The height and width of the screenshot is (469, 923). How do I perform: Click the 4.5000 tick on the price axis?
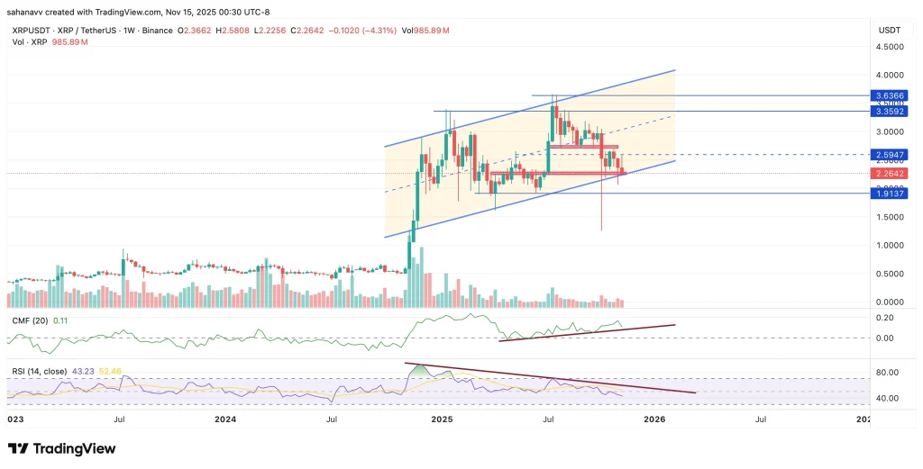pos(890,47)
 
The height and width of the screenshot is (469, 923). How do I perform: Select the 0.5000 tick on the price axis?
pos(890,274)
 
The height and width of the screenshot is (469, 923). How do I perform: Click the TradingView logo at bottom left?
pos(61,448)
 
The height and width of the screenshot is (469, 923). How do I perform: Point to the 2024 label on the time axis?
pos(225,419)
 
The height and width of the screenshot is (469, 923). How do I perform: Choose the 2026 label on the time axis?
pos(654,419)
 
